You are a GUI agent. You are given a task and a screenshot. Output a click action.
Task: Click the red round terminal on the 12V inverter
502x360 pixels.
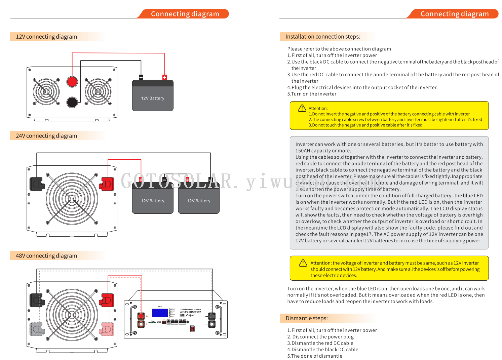[x=72, y=82]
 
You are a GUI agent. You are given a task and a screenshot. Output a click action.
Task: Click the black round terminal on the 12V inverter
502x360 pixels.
[x=72, y=102]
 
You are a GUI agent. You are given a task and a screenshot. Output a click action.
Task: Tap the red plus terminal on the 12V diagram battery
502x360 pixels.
[x=164, y=77]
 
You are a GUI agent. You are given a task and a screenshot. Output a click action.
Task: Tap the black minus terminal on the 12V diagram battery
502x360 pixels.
[x=141, y=77]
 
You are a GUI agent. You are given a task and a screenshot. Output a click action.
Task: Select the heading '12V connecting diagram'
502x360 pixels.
[x=46, y=37]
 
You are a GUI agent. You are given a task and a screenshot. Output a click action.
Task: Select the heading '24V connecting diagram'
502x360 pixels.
[x=46, y=136]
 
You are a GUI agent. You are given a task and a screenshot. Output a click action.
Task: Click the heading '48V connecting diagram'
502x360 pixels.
[x=46, y=256]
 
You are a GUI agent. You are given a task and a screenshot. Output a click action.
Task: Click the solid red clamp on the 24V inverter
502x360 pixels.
[x=107, y=184]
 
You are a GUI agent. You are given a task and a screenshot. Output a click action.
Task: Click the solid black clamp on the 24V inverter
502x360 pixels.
[x=37, y=184]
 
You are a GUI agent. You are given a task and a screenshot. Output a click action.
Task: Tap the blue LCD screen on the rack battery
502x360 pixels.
[x=160, y=313]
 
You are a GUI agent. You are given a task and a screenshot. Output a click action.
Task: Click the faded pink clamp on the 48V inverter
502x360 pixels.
[x=107, y=329]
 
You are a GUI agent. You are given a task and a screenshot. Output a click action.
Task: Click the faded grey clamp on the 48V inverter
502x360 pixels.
[x=37, y=329]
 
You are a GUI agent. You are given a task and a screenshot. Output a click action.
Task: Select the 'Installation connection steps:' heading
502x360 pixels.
[x=323, y=37]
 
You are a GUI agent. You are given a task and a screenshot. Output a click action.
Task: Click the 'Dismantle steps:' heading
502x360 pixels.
[x=307, y=318]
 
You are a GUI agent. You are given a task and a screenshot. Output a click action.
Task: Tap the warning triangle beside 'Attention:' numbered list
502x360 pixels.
[x=302, y=108]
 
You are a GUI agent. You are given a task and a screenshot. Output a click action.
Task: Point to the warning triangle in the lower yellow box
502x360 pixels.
[x=303, y=263]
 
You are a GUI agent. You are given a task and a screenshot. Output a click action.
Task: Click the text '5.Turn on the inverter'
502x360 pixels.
[x=312, y=94]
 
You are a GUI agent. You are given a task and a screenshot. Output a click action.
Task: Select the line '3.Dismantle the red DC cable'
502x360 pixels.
[x=320, y=343]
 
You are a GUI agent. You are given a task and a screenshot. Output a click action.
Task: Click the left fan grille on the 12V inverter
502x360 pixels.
[x=46, y=91]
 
